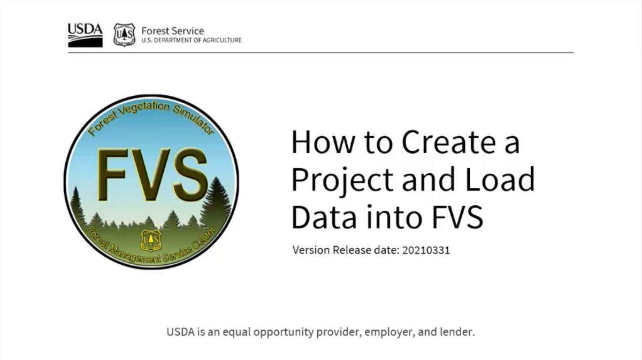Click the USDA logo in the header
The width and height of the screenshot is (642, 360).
pos(85,35)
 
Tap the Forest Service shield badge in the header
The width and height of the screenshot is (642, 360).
pos(124,35)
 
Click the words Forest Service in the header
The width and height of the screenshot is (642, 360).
pos(173,30)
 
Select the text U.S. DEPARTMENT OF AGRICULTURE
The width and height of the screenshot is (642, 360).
pos(192,40)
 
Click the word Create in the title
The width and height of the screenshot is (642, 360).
pos(449,142)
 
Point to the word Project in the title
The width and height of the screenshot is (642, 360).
pos(342,180)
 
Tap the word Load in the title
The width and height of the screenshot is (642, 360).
pos(500,179)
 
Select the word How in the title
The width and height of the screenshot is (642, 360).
pos(323,142)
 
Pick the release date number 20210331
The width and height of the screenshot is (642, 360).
pos(426,250)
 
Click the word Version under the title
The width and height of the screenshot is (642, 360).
pos(311,250)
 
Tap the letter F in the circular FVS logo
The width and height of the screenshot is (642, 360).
pos(112,174)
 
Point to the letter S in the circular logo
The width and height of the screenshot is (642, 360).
pos(189,174)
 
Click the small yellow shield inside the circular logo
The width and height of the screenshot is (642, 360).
pos(151,240)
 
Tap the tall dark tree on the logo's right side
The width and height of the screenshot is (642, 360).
pos(217,203)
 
